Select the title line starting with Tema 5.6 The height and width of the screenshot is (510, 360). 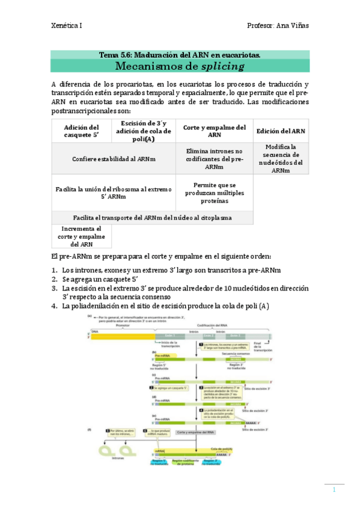pos(180,55)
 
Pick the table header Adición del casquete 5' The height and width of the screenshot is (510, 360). pos(82,131)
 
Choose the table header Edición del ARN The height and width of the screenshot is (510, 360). pos(281,131)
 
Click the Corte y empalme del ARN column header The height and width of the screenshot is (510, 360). pos(215,131)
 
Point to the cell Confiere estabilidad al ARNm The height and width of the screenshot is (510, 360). pos(114,159)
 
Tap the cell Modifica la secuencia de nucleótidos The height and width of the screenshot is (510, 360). pos(281,159)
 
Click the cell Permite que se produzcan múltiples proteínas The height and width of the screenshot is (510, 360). pos(215,192)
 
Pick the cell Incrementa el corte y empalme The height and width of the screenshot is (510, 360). pos(82,236)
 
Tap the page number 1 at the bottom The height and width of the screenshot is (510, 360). pos(334,490)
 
